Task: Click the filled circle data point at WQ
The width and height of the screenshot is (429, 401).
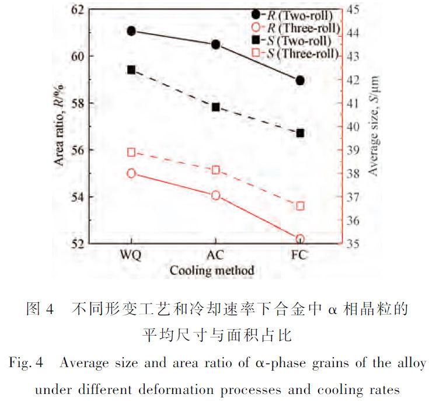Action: click(131, 30)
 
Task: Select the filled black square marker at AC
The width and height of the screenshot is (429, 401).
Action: click(216, 107)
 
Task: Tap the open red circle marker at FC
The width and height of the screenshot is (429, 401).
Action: click(300, 239)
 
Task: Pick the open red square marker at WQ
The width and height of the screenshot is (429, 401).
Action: click(131, 152)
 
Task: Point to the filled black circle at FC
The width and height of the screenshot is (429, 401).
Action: click(300, 80)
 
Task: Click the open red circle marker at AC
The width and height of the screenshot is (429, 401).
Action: click(216, 195)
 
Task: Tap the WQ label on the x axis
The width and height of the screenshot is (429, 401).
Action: click(131, 256)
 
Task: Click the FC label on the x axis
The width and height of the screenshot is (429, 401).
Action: click(300, 256)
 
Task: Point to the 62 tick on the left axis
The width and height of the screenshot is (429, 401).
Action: click(78, 9)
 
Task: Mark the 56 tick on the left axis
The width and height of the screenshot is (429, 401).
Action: click(78, 149)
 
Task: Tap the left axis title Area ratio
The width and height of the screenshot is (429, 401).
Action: click(61, 125)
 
